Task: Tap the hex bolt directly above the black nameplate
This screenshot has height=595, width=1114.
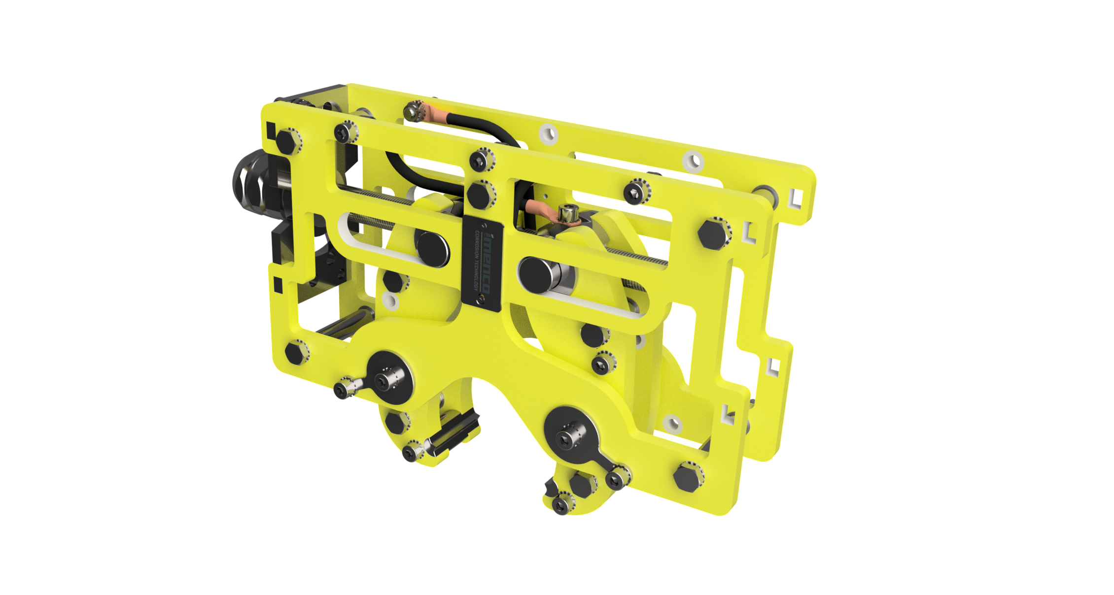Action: pyautogui.click(x=479, y=193)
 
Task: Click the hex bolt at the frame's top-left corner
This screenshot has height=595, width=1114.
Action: pyautogui.click(x=287, y=141)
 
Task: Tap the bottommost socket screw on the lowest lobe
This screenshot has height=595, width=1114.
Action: pyautogui.click(x=560, y=504)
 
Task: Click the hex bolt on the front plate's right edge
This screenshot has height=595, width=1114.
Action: pyautogui.click(x=712, y=235)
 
